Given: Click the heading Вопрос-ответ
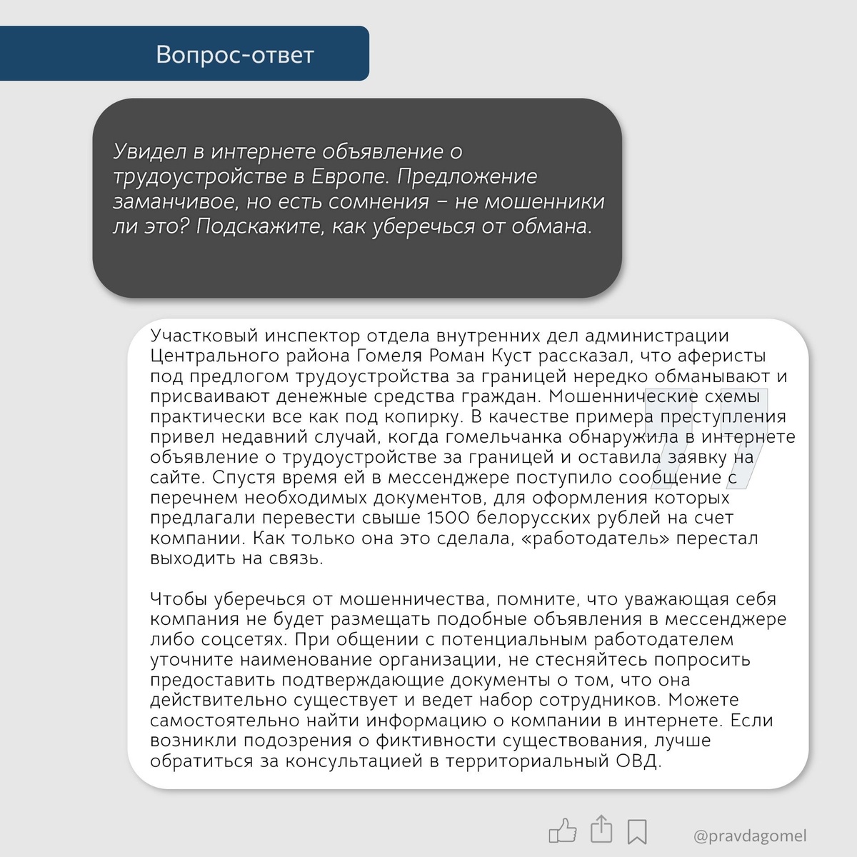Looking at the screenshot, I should click(235, 55).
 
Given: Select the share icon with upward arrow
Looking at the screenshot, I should click(601, 828).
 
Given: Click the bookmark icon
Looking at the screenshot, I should click(637, 831).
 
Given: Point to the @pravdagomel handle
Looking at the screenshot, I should click(750, 835).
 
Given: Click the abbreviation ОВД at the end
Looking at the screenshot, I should click(638, 761).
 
